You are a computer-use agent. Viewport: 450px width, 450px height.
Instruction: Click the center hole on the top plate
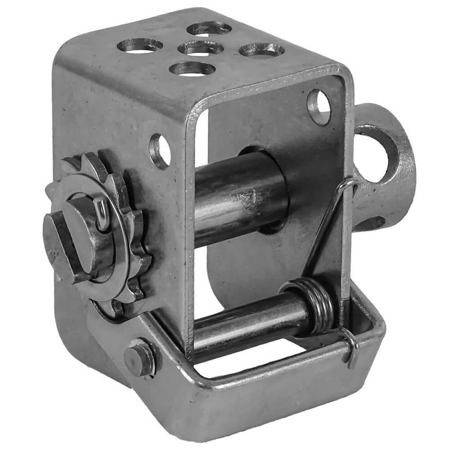[201, 48]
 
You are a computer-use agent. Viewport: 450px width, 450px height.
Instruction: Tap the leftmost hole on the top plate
[140, 45]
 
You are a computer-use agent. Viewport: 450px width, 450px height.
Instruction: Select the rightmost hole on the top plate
[261, 50]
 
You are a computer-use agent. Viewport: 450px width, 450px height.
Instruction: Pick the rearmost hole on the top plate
[209, 28]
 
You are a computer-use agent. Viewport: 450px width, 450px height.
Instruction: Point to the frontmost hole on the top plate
[193, 69]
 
